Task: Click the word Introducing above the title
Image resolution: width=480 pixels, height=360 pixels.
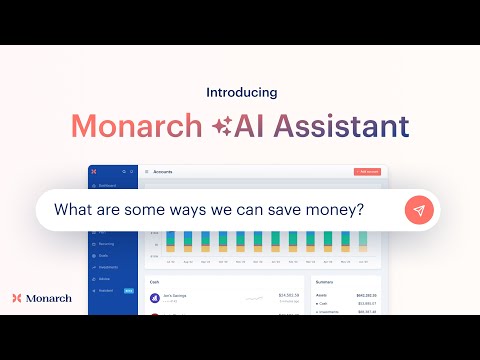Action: tap(241, 92)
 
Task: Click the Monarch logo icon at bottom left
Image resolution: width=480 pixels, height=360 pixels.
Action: tap(18, 298)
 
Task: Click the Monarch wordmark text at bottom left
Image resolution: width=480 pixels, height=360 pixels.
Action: tap(50, 298)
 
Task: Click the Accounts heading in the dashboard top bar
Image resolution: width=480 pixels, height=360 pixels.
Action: tap(162, 172)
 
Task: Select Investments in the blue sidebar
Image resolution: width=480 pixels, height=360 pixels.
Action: tap(108, 267)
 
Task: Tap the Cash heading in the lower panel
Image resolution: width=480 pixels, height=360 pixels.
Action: tap(155, 283)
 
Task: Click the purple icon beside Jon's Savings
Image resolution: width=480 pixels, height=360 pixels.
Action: tap(155, 297)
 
